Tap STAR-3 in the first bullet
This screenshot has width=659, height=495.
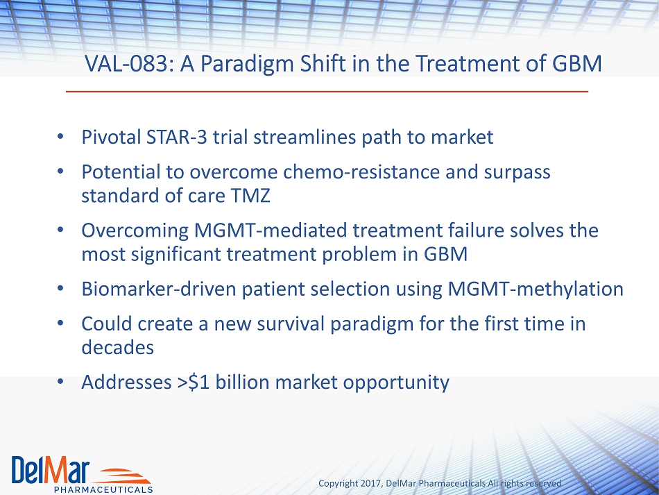(x=176, y=137)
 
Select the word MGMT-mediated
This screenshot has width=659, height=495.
(x=271, y=230)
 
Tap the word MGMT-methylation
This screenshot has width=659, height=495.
(x=536, y=290)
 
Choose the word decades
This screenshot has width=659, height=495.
(x=118, y=347)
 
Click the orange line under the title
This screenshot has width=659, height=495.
(x=327, y=91)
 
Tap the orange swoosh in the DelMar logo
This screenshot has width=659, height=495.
(x=123, y=476)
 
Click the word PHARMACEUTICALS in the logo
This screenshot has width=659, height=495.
(x=103, y=489)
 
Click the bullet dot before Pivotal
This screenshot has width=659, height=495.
(x=60, y=136)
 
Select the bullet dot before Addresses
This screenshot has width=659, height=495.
(x=60, y=381)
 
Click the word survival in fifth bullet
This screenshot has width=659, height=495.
(x=291, y=324)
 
